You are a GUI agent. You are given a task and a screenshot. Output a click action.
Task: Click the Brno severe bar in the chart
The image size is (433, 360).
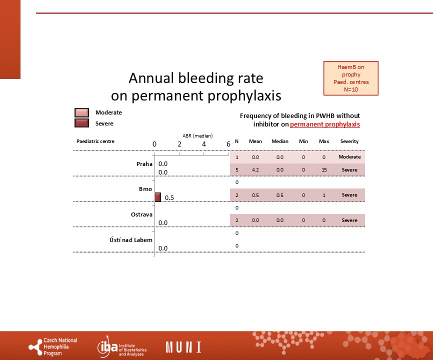[157, 197]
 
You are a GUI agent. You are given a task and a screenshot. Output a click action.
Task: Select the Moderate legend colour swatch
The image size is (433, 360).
[81, 112]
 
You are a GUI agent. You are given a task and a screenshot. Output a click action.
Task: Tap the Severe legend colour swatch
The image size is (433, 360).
[81, 123]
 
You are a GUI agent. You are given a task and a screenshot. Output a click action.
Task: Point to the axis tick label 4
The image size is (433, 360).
[204, 144]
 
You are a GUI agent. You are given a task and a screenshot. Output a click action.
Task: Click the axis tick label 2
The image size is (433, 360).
[179, 144]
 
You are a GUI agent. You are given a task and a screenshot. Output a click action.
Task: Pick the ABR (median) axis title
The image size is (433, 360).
[197, 136]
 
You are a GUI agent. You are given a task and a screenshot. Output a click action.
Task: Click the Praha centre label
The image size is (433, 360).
[144, 164]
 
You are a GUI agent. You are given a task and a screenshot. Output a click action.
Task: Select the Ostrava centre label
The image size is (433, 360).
[141, 214]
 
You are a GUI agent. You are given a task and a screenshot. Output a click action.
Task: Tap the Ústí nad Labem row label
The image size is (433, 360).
[131, 240]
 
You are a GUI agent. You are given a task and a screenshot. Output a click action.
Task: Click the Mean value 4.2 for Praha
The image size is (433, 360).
[255, 170]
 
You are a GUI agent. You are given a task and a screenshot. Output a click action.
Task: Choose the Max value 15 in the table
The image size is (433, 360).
[324, 170]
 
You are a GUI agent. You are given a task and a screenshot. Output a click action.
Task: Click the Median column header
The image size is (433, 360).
[280, 141]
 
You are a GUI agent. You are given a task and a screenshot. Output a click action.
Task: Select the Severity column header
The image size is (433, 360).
[349, 141]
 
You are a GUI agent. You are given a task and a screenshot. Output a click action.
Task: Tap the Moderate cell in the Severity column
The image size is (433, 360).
[349, 157]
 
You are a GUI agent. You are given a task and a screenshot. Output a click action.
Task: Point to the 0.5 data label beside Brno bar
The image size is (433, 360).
[169, 198]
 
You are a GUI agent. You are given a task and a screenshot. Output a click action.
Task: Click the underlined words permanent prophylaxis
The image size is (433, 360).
[325, 124]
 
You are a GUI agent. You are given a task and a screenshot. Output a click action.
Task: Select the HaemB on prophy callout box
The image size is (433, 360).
[351, 78]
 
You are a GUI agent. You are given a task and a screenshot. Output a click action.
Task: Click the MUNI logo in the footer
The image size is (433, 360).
[183, 347]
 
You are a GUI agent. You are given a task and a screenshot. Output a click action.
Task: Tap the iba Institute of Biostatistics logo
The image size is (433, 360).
[122, 347]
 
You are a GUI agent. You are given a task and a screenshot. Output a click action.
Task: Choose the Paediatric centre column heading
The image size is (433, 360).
[95, 141]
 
